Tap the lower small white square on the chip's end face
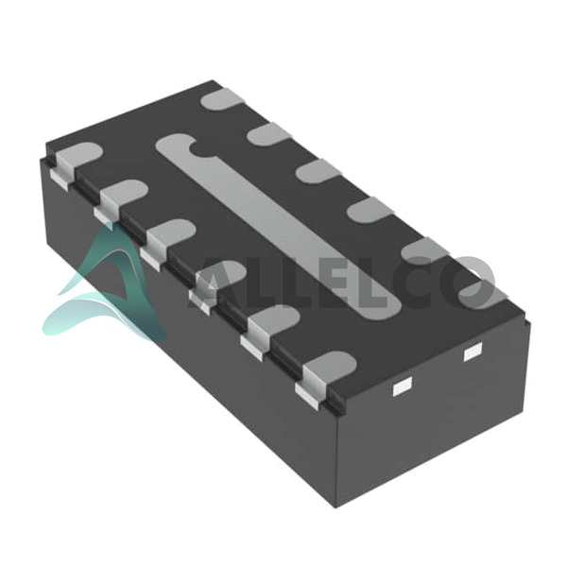tap(403, 387)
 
